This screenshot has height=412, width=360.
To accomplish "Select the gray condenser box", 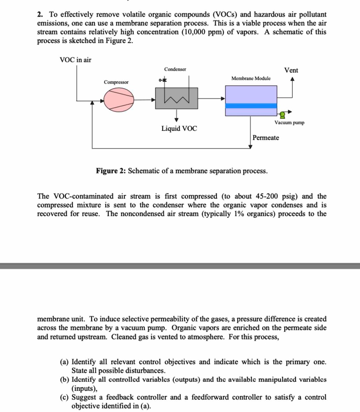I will coord(176,98).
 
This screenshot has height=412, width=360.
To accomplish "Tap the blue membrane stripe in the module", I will coord(251,106).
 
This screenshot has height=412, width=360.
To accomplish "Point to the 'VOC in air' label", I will coord(75,60).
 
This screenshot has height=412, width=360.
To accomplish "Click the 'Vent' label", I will coord(291,70).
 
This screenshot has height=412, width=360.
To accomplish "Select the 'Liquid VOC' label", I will coord(179,128).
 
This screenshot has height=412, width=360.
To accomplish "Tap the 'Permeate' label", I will coord(266,138).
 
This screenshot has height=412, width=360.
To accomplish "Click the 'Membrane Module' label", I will coord(251,78).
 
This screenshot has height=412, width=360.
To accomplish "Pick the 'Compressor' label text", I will coord(116,82).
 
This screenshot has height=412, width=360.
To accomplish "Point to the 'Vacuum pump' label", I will coord(289,122).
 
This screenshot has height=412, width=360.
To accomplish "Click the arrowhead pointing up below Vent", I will coord(292,80).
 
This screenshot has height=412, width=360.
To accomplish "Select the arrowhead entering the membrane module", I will coord(223,98).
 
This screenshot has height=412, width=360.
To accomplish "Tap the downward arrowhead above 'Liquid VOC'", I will coord(177,119).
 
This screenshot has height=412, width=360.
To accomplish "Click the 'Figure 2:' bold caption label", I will coord(111,171).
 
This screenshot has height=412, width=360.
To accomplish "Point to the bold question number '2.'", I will coord(40,14).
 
